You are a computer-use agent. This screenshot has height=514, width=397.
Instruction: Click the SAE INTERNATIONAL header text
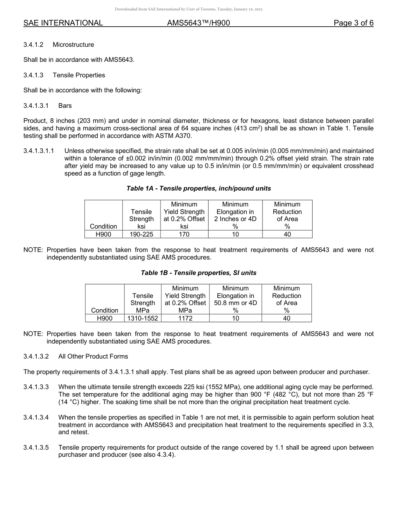click(63, 23)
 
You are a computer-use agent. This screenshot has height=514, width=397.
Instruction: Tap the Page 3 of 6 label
click(353, 23)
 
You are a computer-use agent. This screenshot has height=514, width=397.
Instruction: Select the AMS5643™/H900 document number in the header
click(198, 23)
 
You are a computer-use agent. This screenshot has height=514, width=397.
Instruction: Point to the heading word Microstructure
click(73, 45)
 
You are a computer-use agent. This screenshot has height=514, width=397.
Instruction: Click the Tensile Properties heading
click(79, 75)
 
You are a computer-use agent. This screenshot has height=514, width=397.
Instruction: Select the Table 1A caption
click(198, 188)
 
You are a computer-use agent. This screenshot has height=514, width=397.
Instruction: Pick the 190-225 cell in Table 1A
click(142, 234)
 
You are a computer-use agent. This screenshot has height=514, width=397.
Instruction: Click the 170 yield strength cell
click(184, 234)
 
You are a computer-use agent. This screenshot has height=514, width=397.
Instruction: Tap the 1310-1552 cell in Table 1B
click(143, 318)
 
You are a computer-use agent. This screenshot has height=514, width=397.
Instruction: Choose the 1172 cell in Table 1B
click(185, 318)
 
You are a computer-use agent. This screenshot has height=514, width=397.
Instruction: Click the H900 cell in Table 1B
click(104, 318)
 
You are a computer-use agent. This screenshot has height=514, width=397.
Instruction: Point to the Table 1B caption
click(198, 273)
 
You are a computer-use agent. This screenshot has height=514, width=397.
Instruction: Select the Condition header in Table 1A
click(104, 226)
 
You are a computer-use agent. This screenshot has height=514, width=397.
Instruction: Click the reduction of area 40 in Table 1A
click(287, 234)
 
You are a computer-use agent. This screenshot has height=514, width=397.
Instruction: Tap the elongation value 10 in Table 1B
click(236, 318)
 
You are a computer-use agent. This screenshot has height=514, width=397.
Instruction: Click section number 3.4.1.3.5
click(36, 448)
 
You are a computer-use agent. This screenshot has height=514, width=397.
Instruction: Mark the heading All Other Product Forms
click(93, 356)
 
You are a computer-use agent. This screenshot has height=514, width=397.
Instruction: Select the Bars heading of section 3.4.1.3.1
click(65, 106)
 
